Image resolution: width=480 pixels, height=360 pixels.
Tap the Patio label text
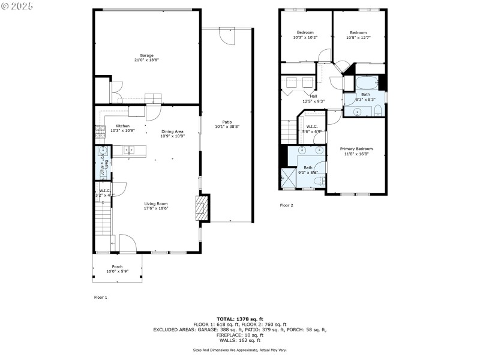click(227, 122)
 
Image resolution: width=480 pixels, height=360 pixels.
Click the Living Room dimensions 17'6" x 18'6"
click(155, 209)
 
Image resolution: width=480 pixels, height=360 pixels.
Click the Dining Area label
click(172, 131)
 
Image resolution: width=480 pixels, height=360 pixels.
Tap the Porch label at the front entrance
click(117, 267)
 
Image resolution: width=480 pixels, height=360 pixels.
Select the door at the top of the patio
click(227, 35)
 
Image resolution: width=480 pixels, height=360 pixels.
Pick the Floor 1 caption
click(100, 297)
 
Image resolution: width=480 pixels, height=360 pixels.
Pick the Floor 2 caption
click(287, 205)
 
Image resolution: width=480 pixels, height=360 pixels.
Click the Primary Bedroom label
click(356, 149)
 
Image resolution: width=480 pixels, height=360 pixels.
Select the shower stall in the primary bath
click(286, 178)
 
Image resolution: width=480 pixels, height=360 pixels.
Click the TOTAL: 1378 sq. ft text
click(239, 319)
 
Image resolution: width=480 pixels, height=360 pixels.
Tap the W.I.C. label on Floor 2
click(312, 127)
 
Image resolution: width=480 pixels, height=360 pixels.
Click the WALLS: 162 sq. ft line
click(239, 340)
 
